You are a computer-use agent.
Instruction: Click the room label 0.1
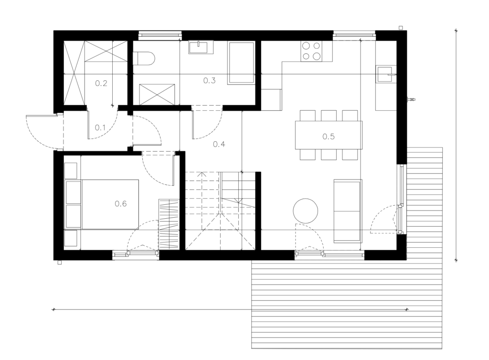[100, 127]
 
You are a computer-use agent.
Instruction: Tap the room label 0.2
[101, 83]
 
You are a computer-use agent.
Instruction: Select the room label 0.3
[209, 80]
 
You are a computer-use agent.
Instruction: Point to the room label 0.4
[219, 144]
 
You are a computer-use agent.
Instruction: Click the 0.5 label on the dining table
[329, 136]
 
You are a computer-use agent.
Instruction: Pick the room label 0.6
[121, 203]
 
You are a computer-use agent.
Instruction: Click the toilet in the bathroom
[144, 58]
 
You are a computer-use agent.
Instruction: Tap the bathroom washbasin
[201, 47]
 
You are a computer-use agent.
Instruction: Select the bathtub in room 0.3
[241, 63]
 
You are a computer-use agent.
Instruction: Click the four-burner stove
[311, 51]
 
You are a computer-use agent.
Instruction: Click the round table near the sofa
[305, 211]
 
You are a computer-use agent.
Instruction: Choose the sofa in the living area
[348, 211]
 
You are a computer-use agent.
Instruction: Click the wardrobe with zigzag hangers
[169, 224]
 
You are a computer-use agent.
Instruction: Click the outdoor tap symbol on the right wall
[411, 100]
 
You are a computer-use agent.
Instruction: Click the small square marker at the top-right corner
[401, 28]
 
